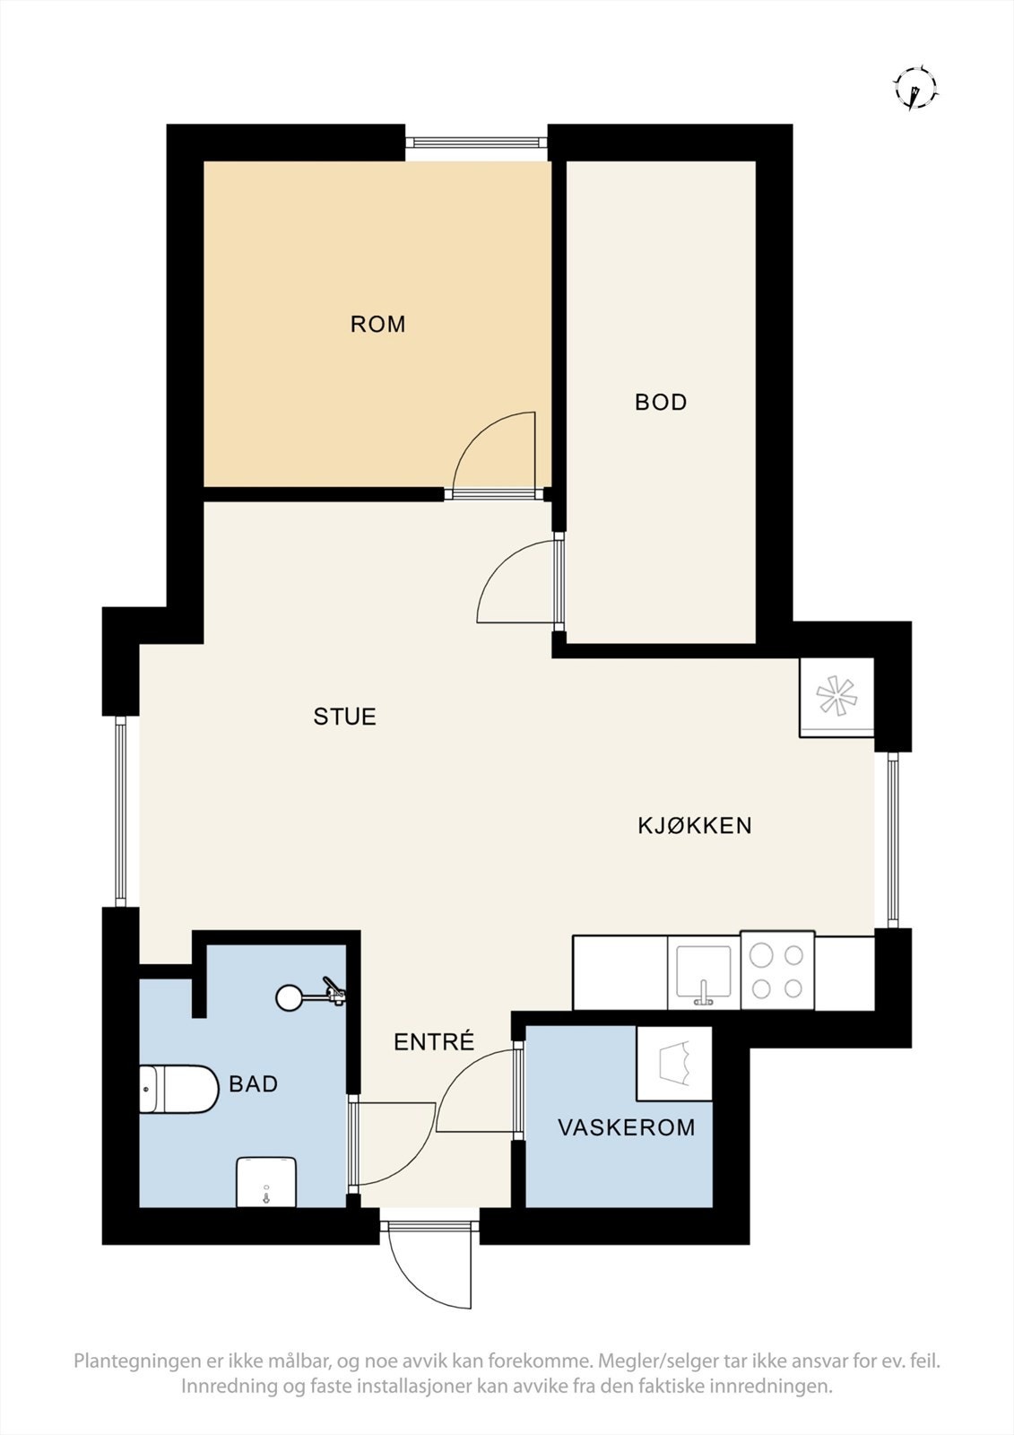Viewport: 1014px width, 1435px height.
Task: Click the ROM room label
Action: click(377, 324)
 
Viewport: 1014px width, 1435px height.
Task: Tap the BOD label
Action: click(661, 402)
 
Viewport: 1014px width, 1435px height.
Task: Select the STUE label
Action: click(344, 717)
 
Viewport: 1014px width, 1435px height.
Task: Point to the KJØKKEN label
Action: click(695, 825)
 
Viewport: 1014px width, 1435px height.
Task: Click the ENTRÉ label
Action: click(434, 1042)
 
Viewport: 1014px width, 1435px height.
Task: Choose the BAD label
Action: click(254, 1083)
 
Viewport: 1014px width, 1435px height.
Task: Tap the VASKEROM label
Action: click(627, 1127)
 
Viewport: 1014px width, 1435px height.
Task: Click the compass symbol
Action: click(914, 88)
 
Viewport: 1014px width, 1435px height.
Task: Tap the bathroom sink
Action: click(265, 1182)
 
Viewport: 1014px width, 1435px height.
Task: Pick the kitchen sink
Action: click(704, 972)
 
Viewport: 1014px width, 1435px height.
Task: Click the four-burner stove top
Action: click(777, 971)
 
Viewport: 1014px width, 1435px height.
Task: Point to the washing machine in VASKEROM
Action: click(674, 1064)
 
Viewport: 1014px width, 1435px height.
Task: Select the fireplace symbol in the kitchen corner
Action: click(836, 699)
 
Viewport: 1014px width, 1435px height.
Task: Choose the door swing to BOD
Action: click(518, 583)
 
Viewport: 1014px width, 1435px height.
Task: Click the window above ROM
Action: click(475, 141)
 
